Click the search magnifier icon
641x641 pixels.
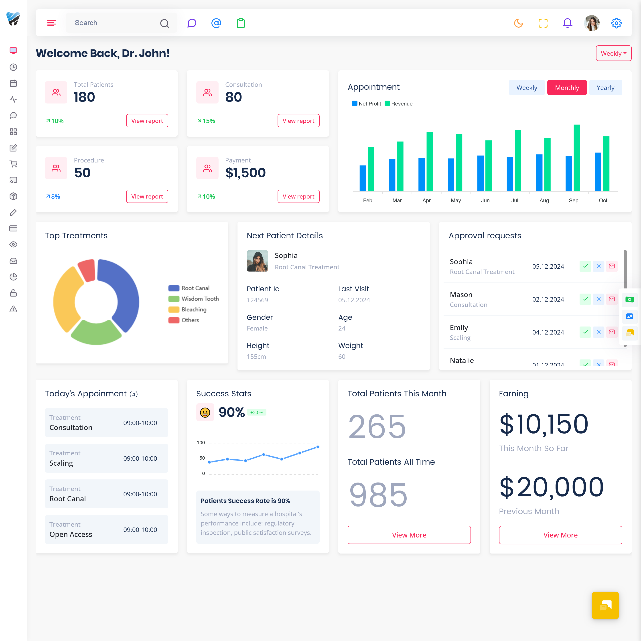[164, 23]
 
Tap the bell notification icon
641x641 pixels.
[567, 23]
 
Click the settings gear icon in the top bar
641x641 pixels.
[616, 23]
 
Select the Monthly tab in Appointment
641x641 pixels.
[567, 88]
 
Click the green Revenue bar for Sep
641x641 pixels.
[577, 158]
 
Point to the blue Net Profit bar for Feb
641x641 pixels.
[363, 178]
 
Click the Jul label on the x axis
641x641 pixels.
[515, 200]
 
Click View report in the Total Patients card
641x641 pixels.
[147, 121]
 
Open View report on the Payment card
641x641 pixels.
[298, 196]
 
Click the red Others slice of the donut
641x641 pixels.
[87, 270]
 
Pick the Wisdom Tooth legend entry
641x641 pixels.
[193, 299]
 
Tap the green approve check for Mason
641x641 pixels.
[585, 299]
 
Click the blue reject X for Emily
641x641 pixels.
[598, 332]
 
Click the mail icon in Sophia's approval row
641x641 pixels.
[612, 266]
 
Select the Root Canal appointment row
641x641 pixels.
[107, 494]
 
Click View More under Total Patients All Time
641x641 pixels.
[409, 535]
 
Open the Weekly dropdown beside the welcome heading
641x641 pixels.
[613, 53]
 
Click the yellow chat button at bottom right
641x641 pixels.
[605, 605]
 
